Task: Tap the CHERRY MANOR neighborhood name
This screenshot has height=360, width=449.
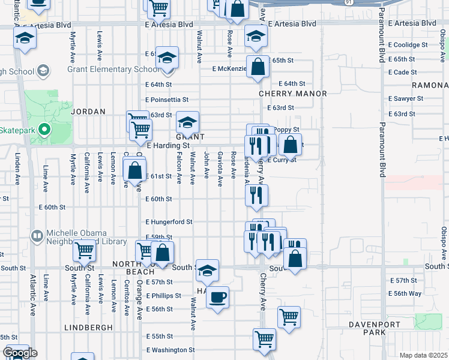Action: [293, 94]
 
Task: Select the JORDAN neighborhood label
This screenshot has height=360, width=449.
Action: [88, 112]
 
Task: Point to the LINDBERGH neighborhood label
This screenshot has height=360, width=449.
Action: [88, 328]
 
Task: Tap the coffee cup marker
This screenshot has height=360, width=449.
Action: [217, 296]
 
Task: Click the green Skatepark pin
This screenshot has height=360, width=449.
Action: [43, 129]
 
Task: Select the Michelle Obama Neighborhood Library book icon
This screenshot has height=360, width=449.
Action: [37, 235]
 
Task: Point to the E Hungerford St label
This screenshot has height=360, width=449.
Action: [169, 221]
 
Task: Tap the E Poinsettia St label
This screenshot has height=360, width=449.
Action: [167, 100]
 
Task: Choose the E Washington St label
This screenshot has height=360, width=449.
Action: [170, 350]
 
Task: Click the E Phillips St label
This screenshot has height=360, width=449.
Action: [163, 296]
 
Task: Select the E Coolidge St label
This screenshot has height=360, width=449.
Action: [408, 45]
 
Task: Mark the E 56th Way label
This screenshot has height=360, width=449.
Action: [405, 293]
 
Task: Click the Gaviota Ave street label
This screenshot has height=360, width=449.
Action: [220, 165]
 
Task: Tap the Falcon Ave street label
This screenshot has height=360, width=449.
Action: [179, 167]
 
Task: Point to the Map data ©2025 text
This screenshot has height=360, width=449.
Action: [423, 355]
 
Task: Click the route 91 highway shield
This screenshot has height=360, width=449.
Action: [349, 2]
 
